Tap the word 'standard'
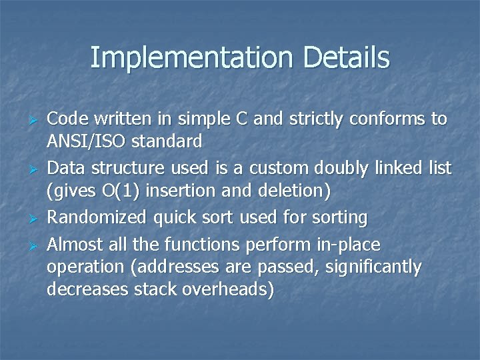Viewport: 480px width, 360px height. pyautogui.click(x=166, y=141)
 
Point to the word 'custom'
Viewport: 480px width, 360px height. pyautogui.click(x=272, y=167)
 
